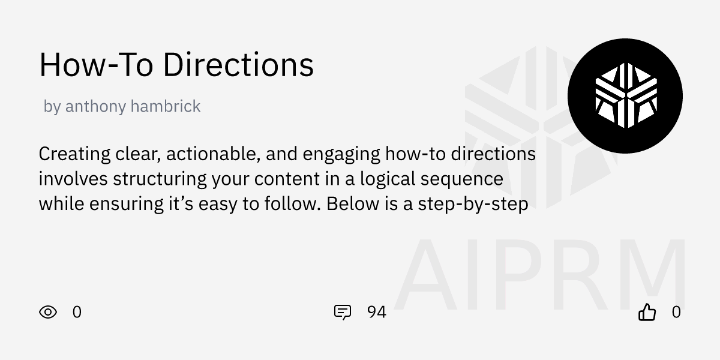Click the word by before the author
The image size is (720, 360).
click(x=52, y=107)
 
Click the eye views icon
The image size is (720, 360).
click(x=48, y=312)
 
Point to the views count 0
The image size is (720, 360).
click(x=77, y=312)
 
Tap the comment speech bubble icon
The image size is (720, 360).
click(x=342, y=312)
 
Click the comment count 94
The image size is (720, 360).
click(x=376, y=312)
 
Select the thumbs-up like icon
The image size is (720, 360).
click(x=647, y=312)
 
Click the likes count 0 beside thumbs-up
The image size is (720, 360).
click(x=676, y=312)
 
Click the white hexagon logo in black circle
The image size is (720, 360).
click(x=625, y=96)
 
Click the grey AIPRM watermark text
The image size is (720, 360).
click(x=540, y=276)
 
